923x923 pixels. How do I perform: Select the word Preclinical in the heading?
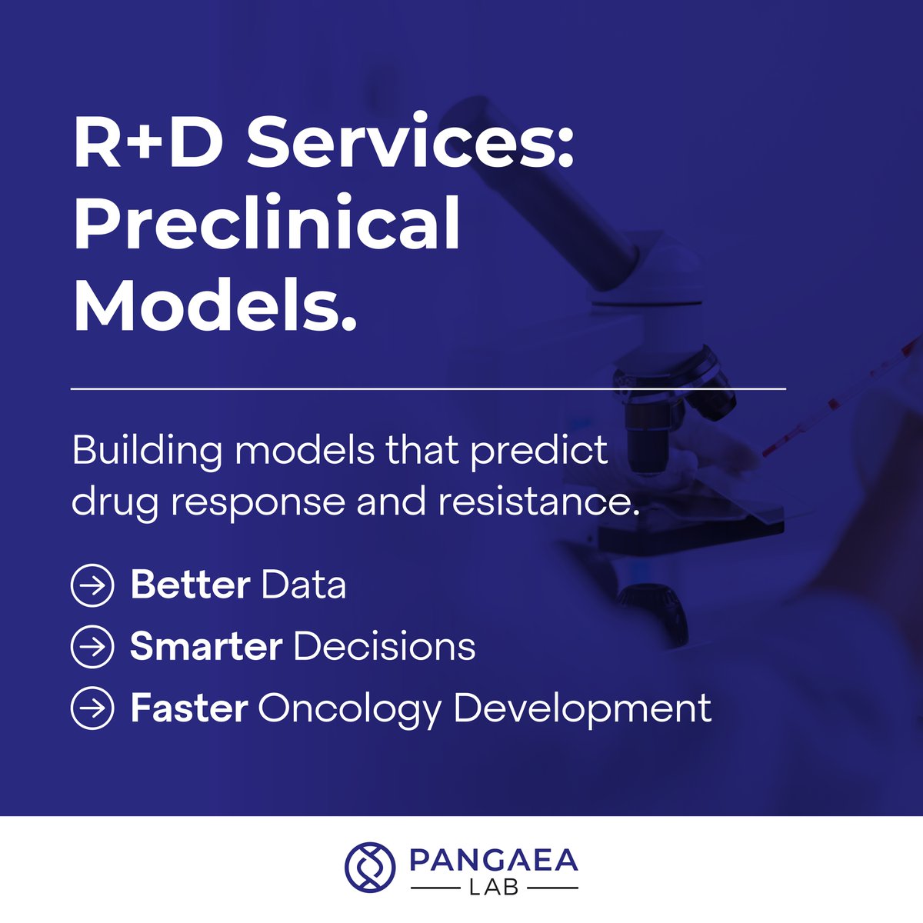pyautogui.click(x=267, y=225)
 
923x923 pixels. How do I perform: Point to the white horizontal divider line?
pyautogui.click(x=428, y=389)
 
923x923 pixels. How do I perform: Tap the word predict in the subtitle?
pyautogui.click(x=538, y=451)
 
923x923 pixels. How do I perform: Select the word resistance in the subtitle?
pyautogui.click(x=538, y=502)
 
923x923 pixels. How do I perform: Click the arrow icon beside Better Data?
pyautogui.click(x=92, y=585)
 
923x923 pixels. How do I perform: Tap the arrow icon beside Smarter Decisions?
pyautogui.click(x=92, y=647)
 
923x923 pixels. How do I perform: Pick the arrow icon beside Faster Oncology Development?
pyautogui.click(x=92, y=708)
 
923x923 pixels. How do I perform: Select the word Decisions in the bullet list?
pyautogui.click(x=385, y=647)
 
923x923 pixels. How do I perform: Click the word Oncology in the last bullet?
pyautogui.click(x=349, y=708)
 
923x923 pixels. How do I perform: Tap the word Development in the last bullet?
pyautogui.click(x=582, y=708)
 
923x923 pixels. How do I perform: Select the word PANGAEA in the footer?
pyautogui.click(x=493, y=860)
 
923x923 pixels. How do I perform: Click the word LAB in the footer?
pyautogui.click(x=494, y=888)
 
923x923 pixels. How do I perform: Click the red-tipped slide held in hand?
pyautogui.click(x=838, y=400)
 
